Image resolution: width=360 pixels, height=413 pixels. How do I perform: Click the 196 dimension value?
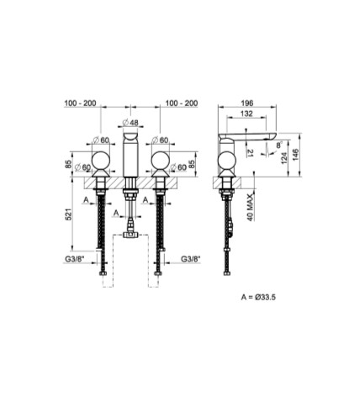(x=247, y=103)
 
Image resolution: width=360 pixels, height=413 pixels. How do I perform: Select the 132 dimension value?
(x=246, y=114)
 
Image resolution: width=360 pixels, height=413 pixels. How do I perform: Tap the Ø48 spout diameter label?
(x=130, y=123)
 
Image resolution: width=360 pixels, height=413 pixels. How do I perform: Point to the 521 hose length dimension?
(x=69, y=214)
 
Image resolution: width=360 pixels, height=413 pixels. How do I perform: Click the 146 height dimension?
(x=295, y=155)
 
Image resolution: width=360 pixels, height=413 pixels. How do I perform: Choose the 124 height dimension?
(x=284, y=158)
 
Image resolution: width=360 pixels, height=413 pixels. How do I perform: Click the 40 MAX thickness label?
(x=251, y=207)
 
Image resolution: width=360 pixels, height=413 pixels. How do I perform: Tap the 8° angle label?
(x=279, y=146)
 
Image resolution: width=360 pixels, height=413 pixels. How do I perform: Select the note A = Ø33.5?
(x=258, y=297)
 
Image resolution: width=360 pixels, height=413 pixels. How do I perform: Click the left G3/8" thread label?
(x=75, y=259)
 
